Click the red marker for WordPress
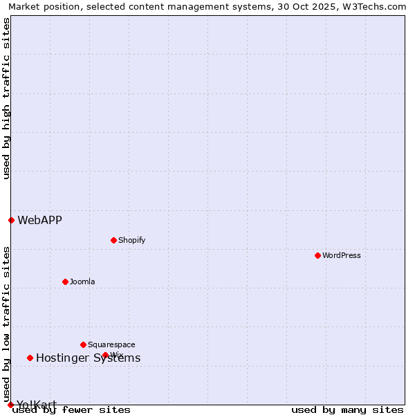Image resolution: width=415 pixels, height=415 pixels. click(317, 255)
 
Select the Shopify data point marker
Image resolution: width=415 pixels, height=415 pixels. click(113, 240)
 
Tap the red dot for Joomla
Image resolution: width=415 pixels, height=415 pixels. click(65, 282)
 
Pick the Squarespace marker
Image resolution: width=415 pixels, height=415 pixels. click(83, 344)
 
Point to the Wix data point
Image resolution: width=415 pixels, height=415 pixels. click(105, 355)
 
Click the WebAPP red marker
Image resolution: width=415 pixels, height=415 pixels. click(11, 220)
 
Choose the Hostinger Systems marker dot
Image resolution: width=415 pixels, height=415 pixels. click(30, 358)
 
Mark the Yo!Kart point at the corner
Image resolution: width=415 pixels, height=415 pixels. click(10, 405)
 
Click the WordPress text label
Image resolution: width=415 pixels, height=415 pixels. click(342, 255)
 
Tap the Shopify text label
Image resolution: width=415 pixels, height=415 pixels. click(131, 240)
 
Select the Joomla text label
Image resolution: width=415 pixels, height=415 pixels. click(82, 282)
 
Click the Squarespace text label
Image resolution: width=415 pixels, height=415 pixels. click(111, 344)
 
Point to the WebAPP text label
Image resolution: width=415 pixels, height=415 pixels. click(39, 220)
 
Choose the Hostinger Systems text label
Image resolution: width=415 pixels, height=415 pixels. click(88, 358)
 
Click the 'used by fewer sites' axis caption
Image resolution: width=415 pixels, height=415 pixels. click(71, 409)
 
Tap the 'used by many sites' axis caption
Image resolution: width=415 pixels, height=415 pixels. click(347, 409)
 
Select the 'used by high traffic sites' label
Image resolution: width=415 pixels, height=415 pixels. click(6, 98)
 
